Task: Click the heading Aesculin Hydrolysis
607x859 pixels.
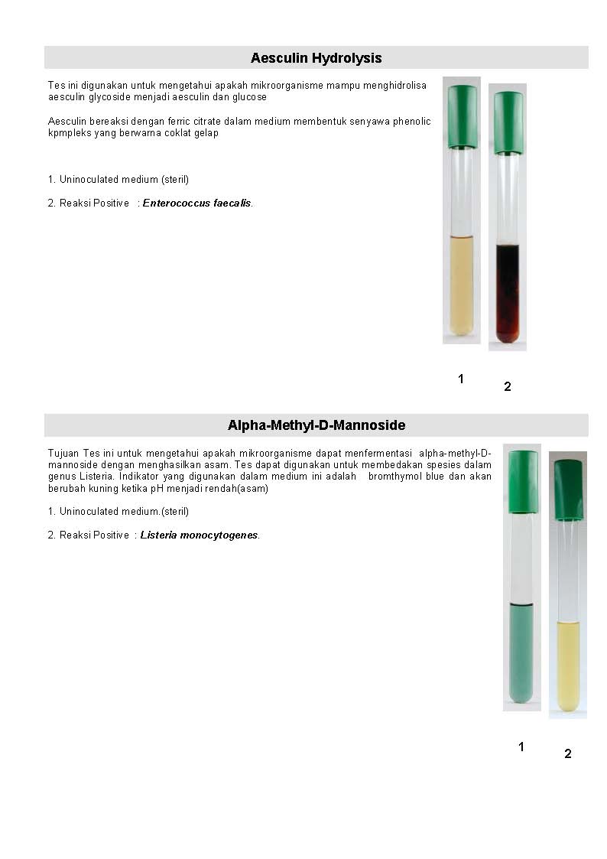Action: click(316, 58)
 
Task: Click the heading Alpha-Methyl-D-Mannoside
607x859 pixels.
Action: click(316, 425)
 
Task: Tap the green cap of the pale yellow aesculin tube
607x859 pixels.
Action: click(462, 116)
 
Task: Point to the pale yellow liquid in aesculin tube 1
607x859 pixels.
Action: click(462, 283)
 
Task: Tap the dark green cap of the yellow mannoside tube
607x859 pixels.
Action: click(568, 490)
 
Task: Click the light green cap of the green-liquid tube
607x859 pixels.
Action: click(523, 481)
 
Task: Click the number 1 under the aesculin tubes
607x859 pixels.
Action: click(461, 379)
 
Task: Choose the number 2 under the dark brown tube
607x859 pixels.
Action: click(507, 387)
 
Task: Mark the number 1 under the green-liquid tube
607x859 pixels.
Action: click(521, 747)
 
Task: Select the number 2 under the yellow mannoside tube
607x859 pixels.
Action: click(567, 754)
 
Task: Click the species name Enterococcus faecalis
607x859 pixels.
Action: click(196, 203)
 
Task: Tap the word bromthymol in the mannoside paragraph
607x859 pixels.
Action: click(394, 477)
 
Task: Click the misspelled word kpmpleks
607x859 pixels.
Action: click(69, 133)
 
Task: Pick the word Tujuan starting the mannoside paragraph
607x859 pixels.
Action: click(63, 454)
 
